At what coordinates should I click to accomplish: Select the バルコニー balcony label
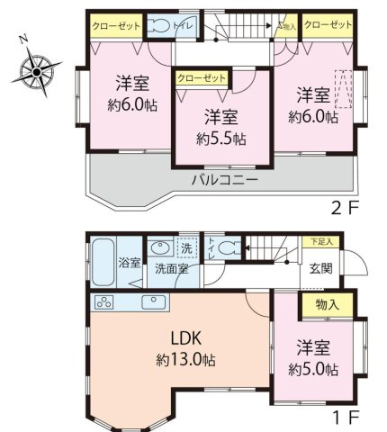coord(225,179)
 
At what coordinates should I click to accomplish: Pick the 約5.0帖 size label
coord(314,369)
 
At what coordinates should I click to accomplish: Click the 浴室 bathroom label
coord(130,263)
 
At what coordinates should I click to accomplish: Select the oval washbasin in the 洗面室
coord(160,247)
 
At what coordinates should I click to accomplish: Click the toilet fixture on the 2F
coord(160,26)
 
